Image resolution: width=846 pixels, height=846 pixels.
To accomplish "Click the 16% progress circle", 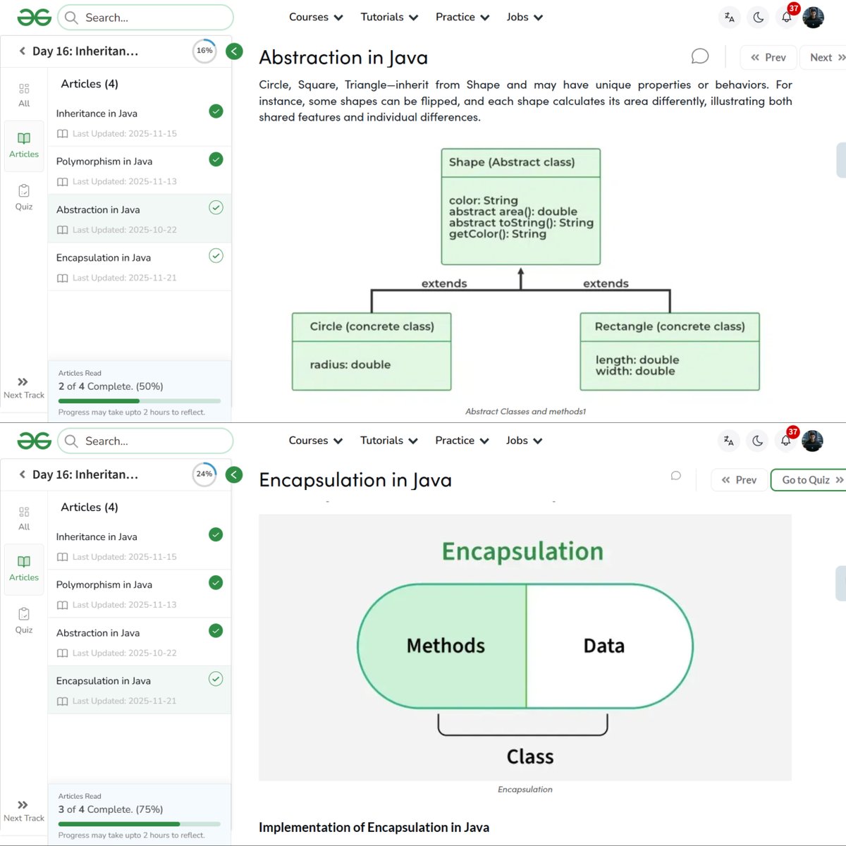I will coord(204,51).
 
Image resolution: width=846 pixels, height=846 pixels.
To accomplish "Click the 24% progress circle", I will coord(204,474).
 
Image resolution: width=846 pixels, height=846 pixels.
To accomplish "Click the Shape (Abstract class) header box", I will coord(520,162).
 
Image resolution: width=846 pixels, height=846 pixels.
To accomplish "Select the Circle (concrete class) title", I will coord(372,326).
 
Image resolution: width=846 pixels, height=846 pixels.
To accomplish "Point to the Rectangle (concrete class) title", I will coord(669,326).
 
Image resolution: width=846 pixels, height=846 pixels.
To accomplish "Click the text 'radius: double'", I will coord(350,364).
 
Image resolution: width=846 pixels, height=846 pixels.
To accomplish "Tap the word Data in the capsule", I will coord(603,646).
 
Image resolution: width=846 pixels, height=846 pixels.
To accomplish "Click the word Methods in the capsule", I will coord(446,646).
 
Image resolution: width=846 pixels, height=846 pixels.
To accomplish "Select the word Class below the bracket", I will coord(529,756).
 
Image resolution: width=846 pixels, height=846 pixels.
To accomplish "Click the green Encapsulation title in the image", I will coord(522,551).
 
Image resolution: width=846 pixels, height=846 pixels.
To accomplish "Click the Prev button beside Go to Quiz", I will coord(739,480).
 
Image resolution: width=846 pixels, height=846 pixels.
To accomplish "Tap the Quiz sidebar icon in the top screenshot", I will coord(24,197).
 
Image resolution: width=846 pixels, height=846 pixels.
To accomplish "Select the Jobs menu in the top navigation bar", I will coord(524,17).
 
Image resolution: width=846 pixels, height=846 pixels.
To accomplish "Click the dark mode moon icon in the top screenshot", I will coord(759,18).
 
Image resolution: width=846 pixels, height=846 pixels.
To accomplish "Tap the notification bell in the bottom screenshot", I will coord(785,441).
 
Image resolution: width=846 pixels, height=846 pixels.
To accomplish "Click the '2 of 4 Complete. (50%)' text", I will coord(111,386).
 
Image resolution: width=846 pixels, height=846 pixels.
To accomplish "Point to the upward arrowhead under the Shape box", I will coord(521,271).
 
